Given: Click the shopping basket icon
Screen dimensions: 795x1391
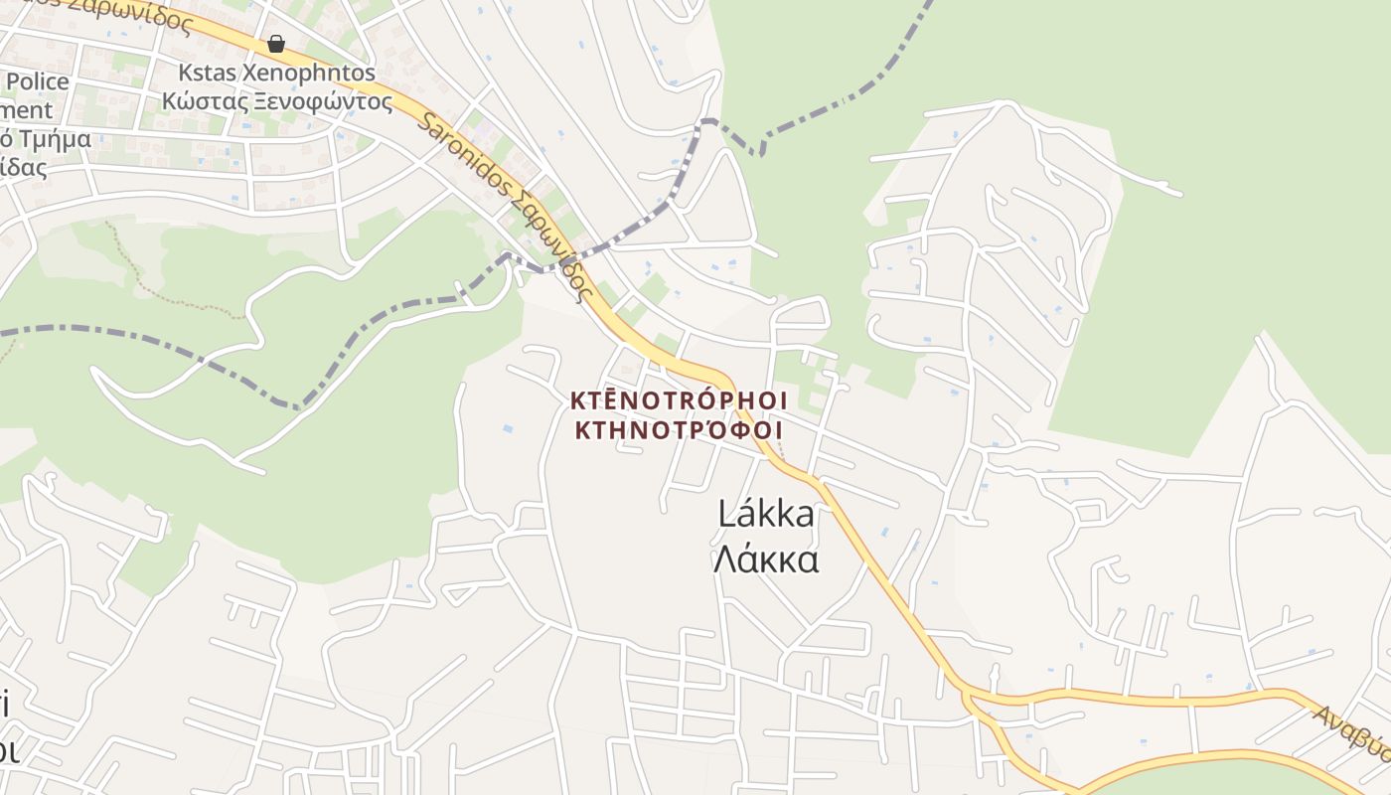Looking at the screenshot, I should pos(276,44).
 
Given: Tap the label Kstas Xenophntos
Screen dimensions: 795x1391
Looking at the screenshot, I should pos(277,74).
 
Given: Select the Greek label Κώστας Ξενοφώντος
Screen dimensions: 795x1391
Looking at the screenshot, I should pos(277,100).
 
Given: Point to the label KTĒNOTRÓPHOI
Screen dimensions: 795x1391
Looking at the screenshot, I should pos(679,400).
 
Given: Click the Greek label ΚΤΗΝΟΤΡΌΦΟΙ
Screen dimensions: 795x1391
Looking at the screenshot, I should pos(679,430).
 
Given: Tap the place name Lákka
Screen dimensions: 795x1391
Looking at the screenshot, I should pos(765,515).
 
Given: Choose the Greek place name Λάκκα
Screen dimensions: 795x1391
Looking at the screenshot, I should pos(765,559).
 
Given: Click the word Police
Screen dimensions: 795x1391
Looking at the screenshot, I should pos(37,81).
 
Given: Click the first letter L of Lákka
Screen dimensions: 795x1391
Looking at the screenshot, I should pos(726,515).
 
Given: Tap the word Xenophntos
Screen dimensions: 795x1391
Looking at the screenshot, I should pos(313,74).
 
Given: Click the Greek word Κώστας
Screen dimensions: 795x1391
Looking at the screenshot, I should pos(202,100).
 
